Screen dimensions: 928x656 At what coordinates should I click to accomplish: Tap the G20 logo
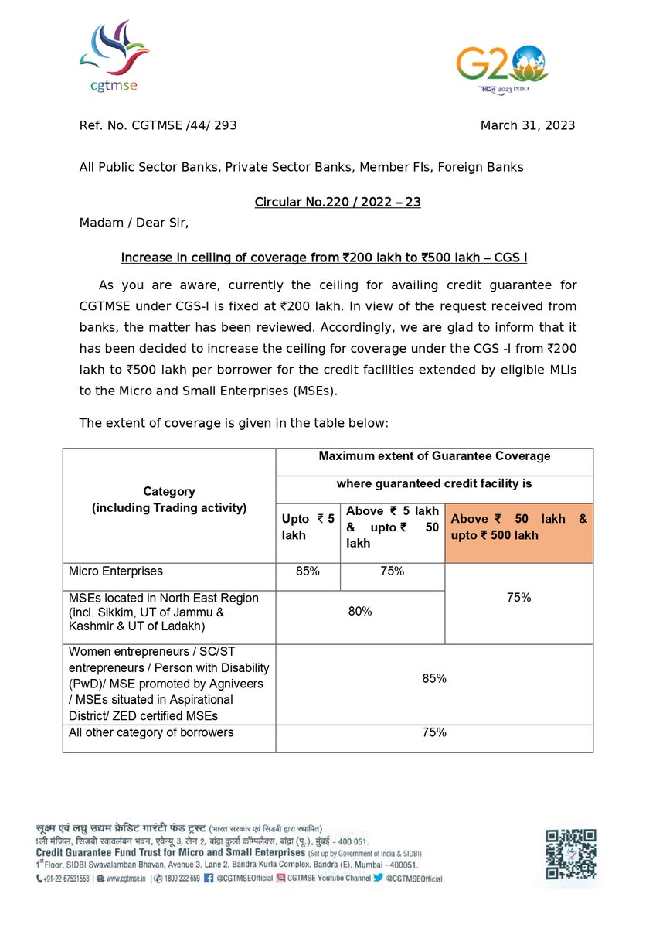pyautogui.click(x=501, y=69)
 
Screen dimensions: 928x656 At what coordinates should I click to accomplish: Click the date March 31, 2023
pyautogui.click(x=527, y=125)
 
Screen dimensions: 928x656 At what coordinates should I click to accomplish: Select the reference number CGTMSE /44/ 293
pyautogui.click(x=163, y=125)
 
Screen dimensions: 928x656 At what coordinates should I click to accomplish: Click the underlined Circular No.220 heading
pyautogui.click(x=338, y=203)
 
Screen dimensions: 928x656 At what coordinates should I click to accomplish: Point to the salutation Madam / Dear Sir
pyautogui.click(x=134, y=223)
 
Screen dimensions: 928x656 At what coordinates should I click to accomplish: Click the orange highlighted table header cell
pyautogui.click(x=518, y=527)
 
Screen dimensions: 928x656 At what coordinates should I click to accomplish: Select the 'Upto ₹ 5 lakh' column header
pyautogui.click(x=308, y=527)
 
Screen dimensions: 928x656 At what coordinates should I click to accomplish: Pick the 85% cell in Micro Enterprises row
pyautogui.click(x=308, y=571)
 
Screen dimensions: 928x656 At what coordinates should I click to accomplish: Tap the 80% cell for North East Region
pyautogui.click(x=360, y=611)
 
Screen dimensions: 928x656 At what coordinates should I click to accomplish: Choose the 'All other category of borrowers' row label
pyautogui.click(x=151, y=732)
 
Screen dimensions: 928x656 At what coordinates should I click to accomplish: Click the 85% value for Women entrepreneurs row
pyautogui.click(x=434, y=678)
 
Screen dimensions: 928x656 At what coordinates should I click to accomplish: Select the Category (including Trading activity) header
pyautogui.click(x=169, y=500)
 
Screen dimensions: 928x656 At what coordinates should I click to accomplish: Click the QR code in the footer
pyautogui.click(x=571, y=854)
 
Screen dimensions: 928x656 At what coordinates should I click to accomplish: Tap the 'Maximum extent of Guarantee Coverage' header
pyautogui.click(x=434, y=456)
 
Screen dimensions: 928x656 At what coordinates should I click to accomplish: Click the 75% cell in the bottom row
pyautogui.click(x=434, y=732)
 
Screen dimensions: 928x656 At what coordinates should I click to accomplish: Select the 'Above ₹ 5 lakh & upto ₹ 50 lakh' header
pyautogui.click(x=392, y=527)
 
